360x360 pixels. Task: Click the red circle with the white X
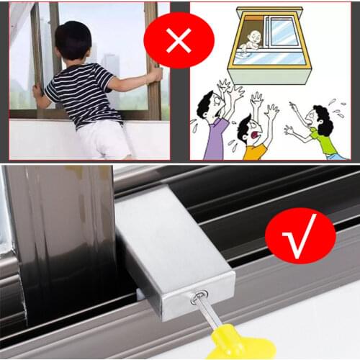pyautogui.click(x=179, y=40)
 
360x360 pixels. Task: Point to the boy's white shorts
pyautogui.click(x=104, y=138)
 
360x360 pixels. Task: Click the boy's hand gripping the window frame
pyautogui.click(x=154, y=75)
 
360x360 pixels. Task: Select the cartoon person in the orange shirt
pyautogui.click(x=253, y=140)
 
